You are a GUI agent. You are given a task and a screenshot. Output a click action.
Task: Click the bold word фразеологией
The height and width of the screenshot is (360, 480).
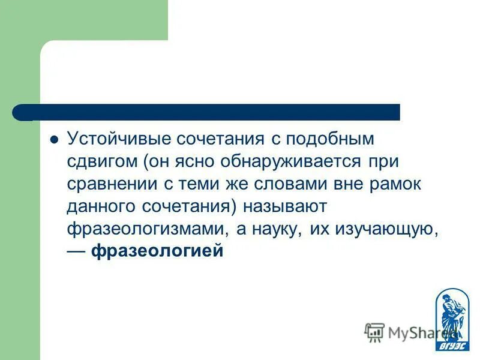pyautogui.click(x=157, y=250)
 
